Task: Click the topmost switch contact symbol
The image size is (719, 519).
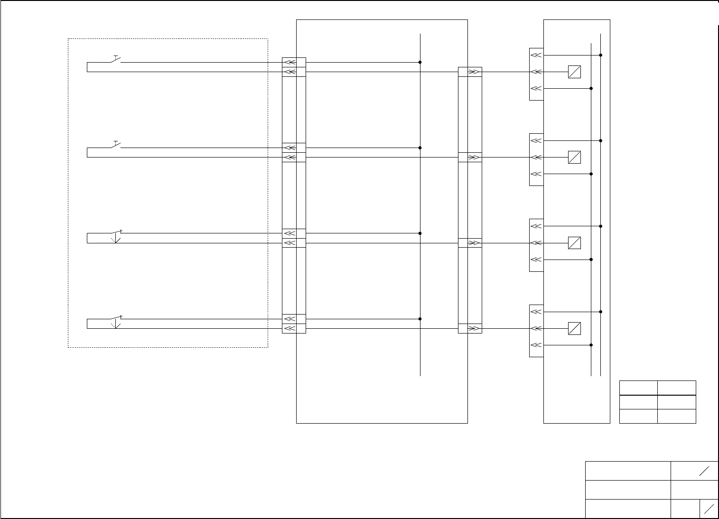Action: click(116, 59)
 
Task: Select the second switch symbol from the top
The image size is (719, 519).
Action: click(116, 145)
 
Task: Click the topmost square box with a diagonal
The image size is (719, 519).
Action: click(574, 72)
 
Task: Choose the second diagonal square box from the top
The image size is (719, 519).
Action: click(574, 157)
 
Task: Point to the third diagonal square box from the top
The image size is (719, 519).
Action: click(574, 243)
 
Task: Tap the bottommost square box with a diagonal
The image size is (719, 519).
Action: click(574, 328)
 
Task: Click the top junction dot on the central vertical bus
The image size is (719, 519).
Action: click(420, 62)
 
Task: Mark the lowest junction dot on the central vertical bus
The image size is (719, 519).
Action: click(420, 319)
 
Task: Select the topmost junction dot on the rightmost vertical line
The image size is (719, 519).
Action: click(601, 55)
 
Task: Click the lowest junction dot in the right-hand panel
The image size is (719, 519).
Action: click(591, 345)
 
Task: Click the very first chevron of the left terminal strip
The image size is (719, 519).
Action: click(289, 62)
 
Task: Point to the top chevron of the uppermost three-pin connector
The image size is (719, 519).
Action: click(536, 55)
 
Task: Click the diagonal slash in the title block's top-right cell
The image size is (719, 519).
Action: click(704, 471)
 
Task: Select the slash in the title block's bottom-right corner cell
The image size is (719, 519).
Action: click(710, 509)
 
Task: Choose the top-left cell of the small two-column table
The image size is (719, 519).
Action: click(638, 388)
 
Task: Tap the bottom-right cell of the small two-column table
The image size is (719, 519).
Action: click(677, 416)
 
